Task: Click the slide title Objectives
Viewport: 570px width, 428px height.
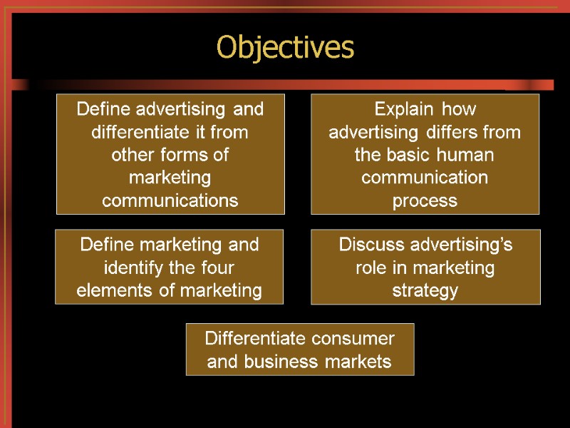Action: (x=285, y=48)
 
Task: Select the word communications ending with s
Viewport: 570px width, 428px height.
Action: (x=170, y=200)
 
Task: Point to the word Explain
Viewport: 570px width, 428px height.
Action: (x=403, y=110)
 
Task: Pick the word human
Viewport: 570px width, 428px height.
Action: (x=469, y=156)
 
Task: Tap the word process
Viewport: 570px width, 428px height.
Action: (x=425, y=201)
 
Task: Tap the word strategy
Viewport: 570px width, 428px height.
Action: (x=425, y=292)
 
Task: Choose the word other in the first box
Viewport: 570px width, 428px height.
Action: (x=130, y=156)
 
